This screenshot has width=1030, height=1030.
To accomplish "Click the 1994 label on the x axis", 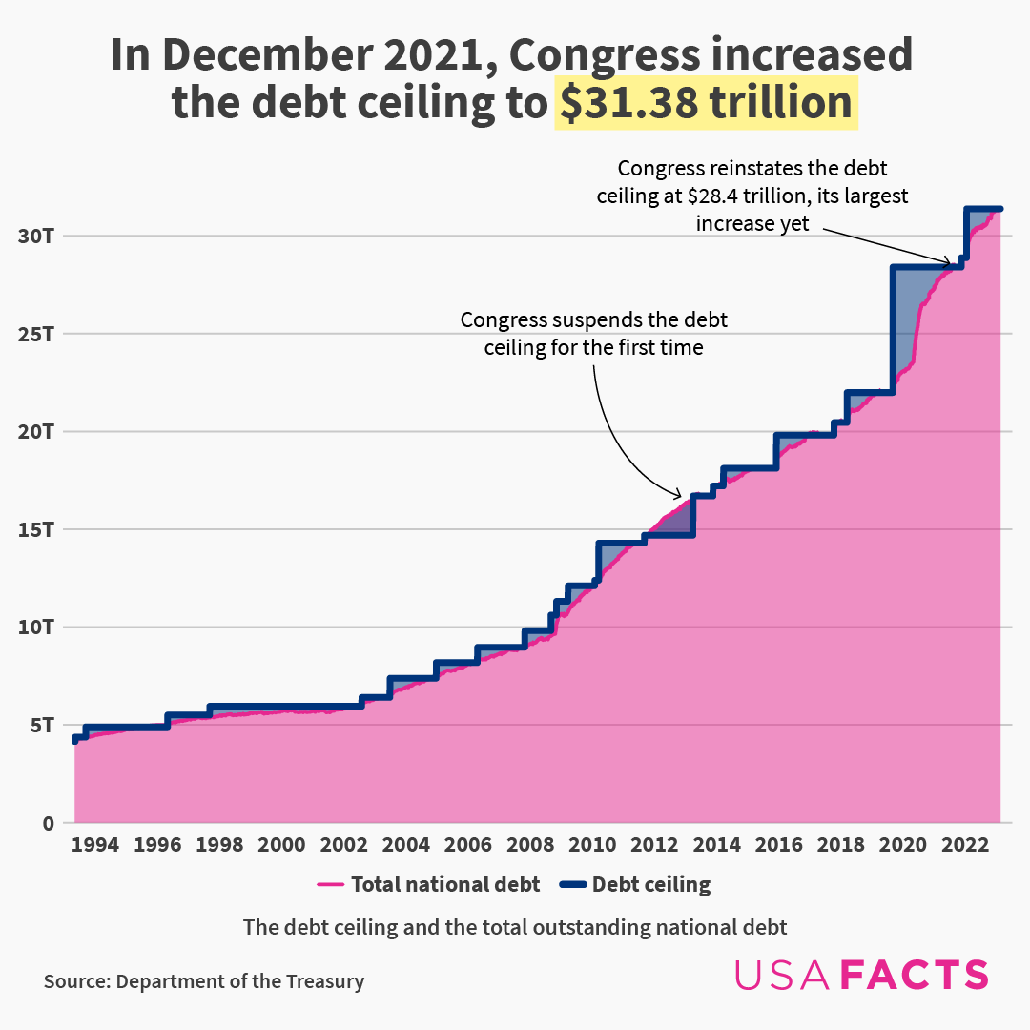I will [95, 845].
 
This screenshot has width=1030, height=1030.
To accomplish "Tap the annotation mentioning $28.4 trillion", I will [752, 196].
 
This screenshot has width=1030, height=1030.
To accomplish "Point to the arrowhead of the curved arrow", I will [680, 495].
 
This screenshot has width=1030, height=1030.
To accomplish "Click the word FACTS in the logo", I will [915, 975].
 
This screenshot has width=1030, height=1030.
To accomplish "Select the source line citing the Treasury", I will [203, 981].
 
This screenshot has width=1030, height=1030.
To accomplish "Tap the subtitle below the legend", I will [515, 927].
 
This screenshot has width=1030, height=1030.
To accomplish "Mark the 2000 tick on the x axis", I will [281, 845].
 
